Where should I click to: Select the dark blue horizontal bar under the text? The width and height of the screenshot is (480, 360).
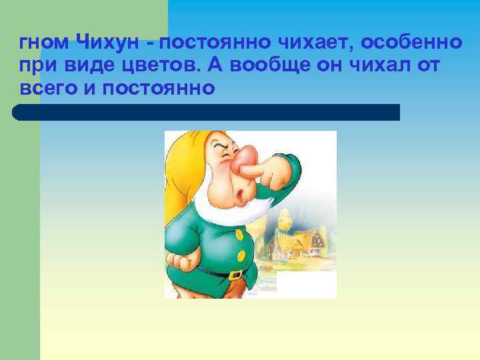click(207, 112)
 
